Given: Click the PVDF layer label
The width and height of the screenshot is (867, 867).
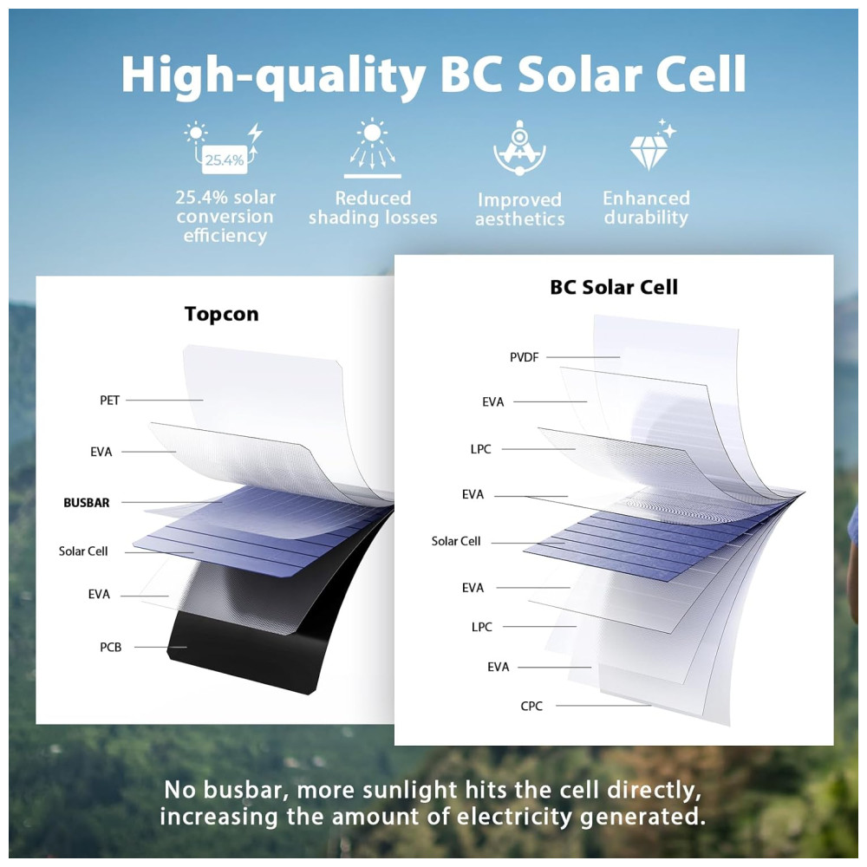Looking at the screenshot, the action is pyautogui.click(x=524, y=357).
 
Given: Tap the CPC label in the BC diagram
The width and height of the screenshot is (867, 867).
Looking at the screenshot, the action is pyautogui.click(x=531, y=706).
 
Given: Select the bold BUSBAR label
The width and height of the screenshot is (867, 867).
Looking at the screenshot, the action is pyautogui.click(x=86, y=503).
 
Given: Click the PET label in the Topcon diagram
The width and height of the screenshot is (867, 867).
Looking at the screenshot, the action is pyautogui.click(x=109, y=401).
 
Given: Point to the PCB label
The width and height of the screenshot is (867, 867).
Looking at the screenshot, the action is pyautogui.click(x=111, y=647).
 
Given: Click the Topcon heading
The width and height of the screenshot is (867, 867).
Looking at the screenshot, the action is pyautogui.click(x=222, y=314).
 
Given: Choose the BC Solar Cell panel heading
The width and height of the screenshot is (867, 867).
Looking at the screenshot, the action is pyautogui.click(x=614, y=287).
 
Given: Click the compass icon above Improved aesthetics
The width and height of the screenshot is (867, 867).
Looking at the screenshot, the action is pyautogui.click(x=519, y=147).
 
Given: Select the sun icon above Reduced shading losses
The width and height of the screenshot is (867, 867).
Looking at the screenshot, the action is pyautogui.click(x=372, y=147).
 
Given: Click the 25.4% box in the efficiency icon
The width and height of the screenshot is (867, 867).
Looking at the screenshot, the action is pyautogui.click(x=225, y=160).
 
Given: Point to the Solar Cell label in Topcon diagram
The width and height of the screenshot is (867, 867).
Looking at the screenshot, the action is pyautogui.click(x=83, y=551).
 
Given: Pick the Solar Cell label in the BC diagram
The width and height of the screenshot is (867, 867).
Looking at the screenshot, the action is pyautogui.click(x=456, y=541).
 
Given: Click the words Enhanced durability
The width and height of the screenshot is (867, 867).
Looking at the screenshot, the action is pyautogui.click(x=647, y=207).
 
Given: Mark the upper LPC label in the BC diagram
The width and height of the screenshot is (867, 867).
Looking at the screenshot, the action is pyautogui.click(x=480, y=449).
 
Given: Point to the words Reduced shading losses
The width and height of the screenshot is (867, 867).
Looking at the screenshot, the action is pyautogui.click(x=373, y=208).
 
